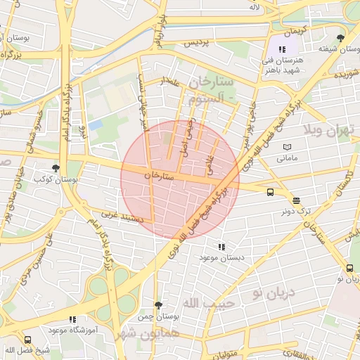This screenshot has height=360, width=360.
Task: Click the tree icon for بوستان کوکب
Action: (56, 168)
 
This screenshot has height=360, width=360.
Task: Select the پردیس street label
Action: (198, 43)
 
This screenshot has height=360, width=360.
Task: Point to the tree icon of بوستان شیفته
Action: (340, 38)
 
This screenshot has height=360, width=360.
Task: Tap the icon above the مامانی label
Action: (287, 147)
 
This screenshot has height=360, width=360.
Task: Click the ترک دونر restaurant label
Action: (296, 210)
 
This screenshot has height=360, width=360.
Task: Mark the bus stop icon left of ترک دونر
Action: (270, 191)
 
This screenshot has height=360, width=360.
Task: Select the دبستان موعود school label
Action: (222, 258)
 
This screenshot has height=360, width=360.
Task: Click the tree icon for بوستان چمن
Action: (158, 305)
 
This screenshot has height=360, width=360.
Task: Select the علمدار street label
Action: (171, 82)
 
